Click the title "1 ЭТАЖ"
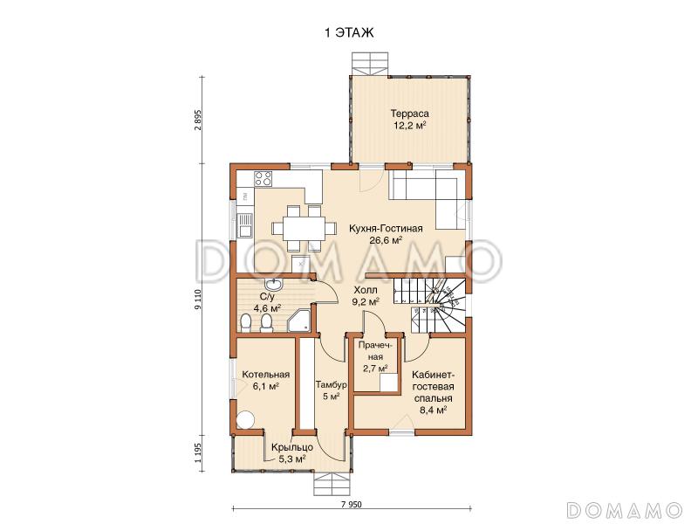pos(349,33)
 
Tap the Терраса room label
pos(409,114)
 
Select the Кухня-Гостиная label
pos(386,229)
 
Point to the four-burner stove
pos(263,179)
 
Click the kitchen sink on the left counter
pos(244,225)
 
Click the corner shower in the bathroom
pos(299,320)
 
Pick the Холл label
pos(366,290)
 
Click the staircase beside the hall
pos(429,305)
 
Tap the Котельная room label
pos(266,375)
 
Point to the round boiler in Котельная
pos(245,419)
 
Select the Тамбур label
pos(332,384)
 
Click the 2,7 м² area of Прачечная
pos(375,368)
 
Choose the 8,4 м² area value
pos(433,410)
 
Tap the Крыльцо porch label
pos(292,447)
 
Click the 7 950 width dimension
pos(352,505)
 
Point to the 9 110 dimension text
pos(199,300)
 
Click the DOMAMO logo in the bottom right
pos(626,509)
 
